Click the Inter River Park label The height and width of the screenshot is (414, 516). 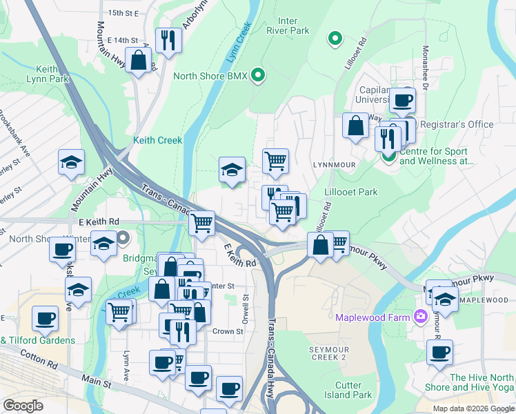click(x=288, y=26)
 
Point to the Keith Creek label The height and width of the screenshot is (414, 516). click(x=157, y=140)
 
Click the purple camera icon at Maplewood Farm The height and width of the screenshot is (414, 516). click(x=420, y=317)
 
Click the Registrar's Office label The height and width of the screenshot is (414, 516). click(x=457, y=124)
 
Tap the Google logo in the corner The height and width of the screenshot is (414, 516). click(x=23, y=406)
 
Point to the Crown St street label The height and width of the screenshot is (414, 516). click(x=227, y=331)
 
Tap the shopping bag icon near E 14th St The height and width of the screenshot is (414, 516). click(x=139, y=60)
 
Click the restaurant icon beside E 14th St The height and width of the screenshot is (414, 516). click(x=167, y=39)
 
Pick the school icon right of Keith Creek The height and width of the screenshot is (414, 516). click(x=232, y=169)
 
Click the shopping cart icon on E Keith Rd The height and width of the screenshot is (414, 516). click(x=202, y=222)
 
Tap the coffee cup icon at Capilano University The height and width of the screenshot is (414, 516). click(x=401, y=100)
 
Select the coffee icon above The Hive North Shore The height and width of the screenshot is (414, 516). click(x=439, y=352)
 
